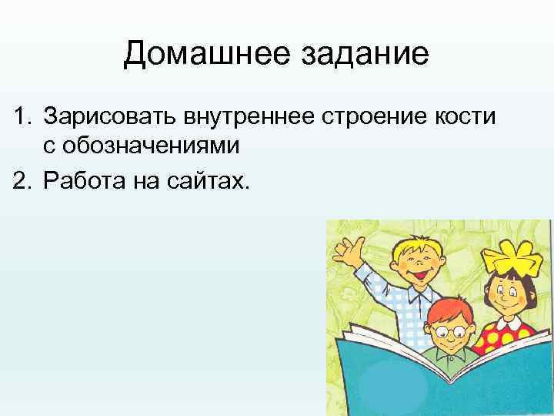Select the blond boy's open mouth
click(422, 272)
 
